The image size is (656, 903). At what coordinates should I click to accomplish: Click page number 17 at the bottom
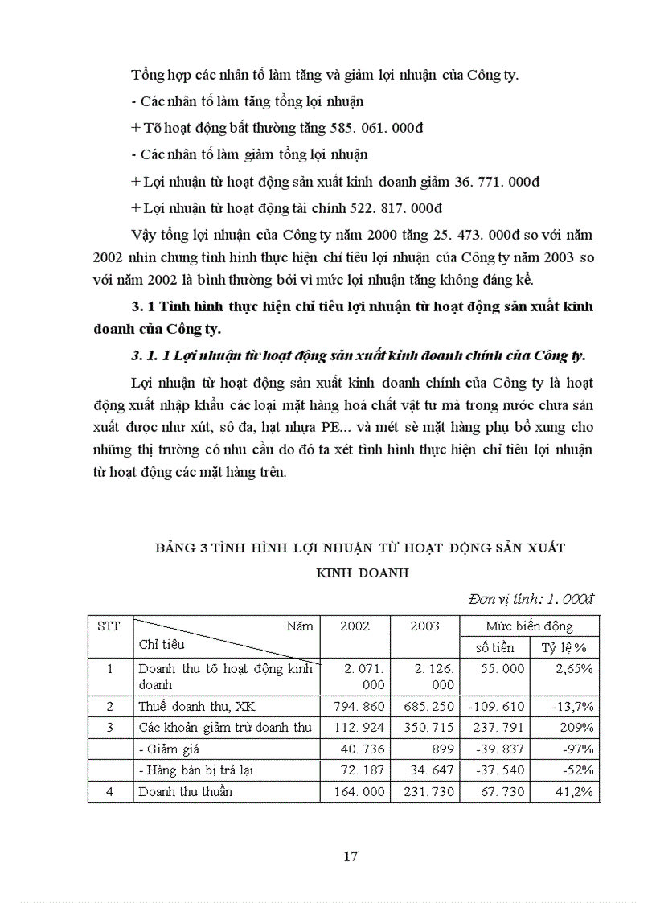(350, 856)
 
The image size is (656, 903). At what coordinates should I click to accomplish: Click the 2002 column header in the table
(355, 626)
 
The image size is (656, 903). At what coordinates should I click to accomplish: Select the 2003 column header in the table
(424, 626)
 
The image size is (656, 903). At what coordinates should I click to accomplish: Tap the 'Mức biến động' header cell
(528, 626)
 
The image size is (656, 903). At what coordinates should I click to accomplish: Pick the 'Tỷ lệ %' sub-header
(562, 647)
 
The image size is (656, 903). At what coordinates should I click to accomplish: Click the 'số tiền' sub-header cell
(494, 647)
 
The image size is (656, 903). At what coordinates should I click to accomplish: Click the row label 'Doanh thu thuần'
(185, 791)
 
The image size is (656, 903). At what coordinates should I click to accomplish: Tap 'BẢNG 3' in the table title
(182, 548)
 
